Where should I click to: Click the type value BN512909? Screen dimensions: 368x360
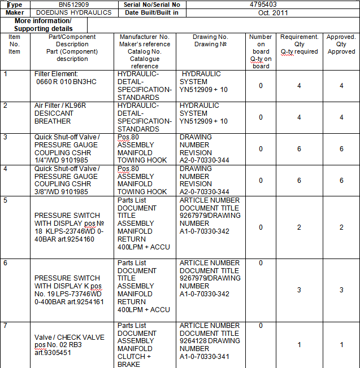[x=73, y=4]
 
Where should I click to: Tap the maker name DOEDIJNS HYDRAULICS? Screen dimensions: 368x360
[x=73, y=12]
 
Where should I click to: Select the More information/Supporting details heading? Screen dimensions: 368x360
[x=43, y=25]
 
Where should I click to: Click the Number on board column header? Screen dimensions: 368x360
[x=261, y=51]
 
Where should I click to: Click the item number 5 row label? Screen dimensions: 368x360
[x=6, y=200]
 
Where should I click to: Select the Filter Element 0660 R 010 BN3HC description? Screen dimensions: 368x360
[x=66, y=78]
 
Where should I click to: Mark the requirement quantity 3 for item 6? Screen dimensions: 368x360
[x=298, y=290]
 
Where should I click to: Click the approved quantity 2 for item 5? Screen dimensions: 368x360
[x=341, y=227]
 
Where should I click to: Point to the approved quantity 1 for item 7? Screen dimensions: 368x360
[x=341, y=345]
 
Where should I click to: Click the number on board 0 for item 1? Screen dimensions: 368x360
[x=261, y=86]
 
